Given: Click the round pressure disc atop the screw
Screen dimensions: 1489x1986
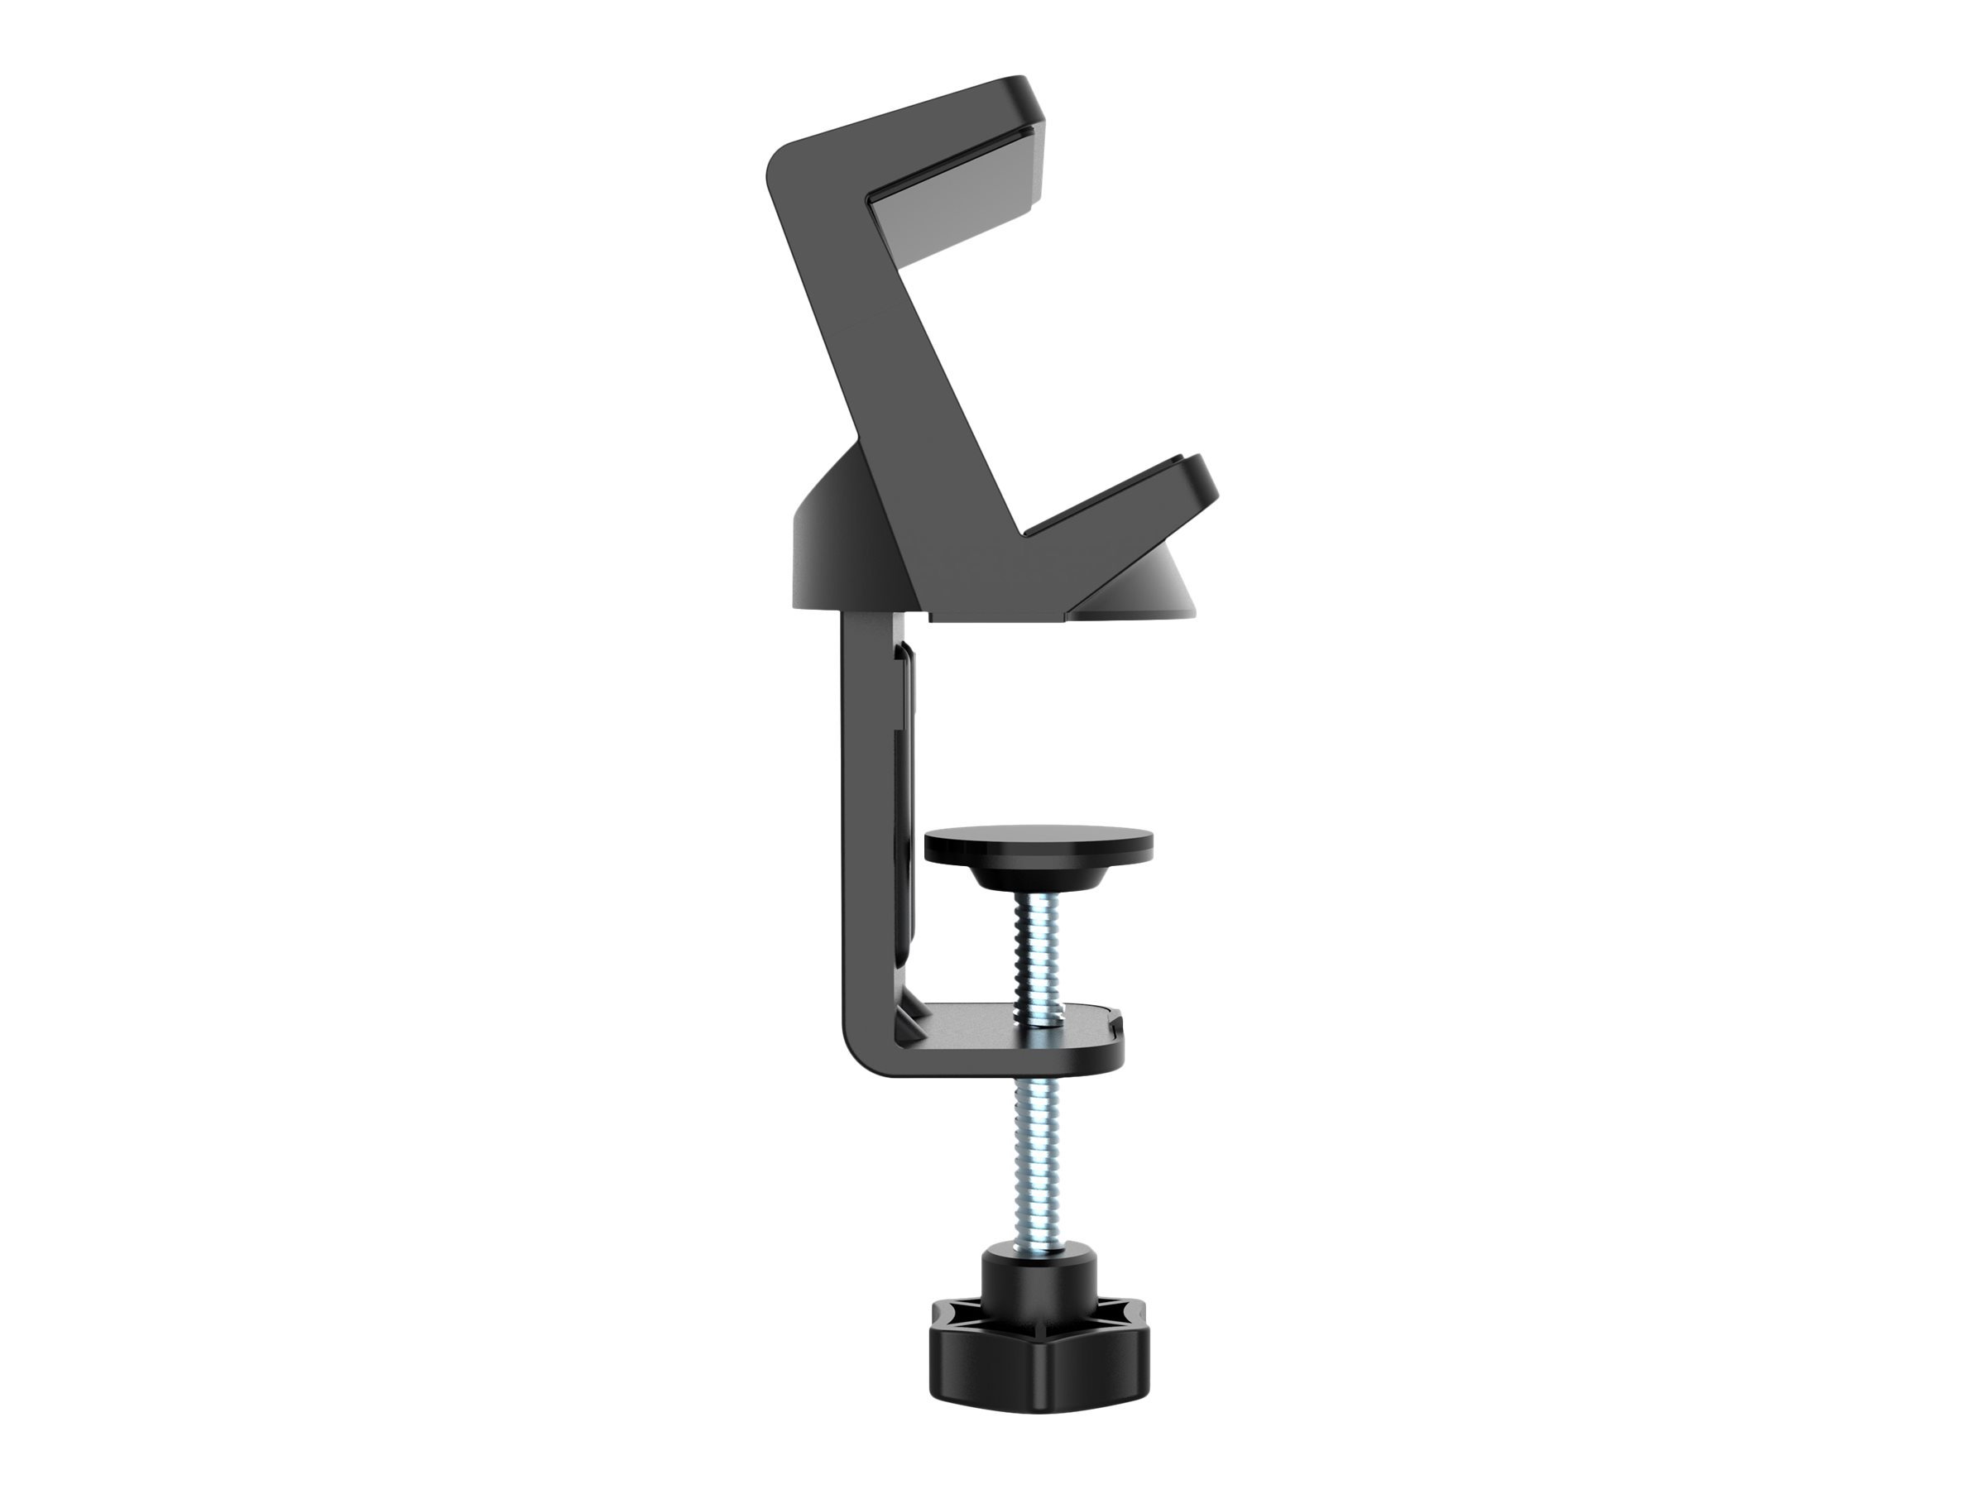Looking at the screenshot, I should click(1039, 845).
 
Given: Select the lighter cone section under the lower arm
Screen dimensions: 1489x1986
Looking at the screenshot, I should click(1149, 583).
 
